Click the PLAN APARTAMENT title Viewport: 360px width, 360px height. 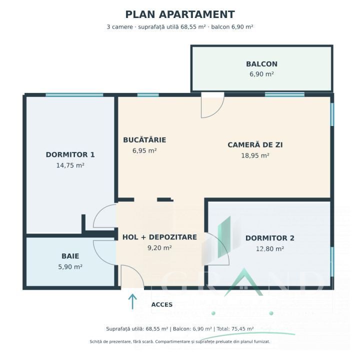click(180, 14)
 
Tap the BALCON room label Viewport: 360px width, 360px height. click(261, 64)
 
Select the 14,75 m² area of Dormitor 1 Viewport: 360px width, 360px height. click(70, 165)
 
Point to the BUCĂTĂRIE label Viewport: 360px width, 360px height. click(144, 139)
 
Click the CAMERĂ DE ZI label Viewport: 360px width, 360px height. click(255, 145)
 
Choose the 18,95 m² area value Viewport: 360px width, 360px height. click(255, 155)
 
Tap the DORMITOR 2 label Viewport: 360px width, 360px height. click(270, 238)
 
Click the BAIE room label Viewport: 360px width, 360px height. click(70, 256)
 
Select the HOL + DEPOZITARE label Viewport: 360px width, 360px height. click(159, 237)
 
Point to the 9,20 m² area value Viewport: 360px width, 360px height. click(159, 248)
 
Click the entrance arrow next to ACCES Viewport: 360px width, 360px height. click(132, 301)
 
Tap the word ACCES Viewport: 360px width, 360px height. click(162, 304)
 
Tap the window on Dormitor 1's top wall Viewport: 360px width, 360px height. click(74, 95)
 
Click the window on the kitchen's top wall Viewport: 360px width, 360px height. click(148, 95)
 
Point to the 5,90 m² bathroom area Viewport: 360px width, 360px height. click(70, 267)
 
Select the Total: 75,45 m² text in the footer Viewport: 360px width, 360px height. click(235, 329)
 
